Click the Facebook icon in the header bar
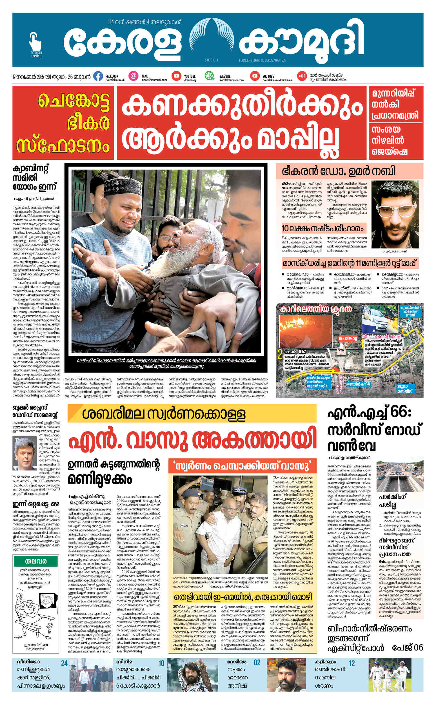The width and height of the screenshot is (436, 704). click(98, 76)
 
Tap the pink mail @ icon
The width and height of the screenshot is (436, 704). click(133, 76)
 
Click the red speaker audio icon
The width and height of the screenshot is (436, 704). click(302, 76)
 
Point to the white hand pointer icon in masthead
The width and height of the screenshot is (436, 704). click(35, 42)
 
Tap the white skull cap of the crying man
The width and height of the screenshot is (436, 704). click(116, 188)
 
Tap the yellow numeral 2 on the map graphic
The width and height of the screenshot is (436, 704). click(279, 355)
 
